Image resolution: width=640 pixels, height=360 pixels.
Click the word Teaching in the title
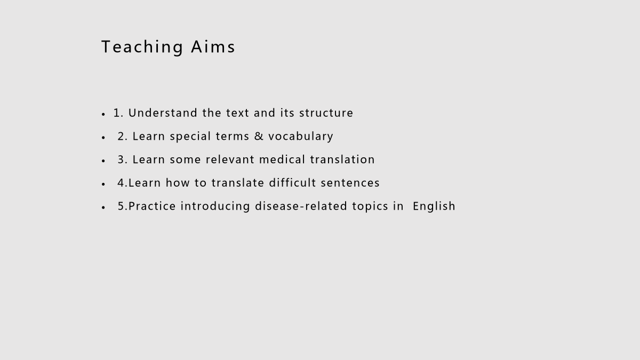142,47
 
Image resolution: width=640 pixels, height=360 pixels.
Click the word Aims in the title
213,46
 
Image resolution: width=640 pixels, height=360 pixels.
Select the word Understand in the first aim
163,113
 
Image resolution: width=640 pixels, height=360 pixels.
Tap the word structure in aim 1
326,113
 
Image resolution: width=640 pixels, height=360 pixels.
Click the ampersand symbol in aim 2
259,137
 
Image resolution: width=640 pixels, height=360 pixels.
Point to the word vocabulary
301,137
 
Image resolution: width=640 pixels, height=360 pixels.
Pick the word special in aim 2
190,137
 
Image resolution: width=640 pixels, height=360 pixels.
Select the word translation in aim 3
342,159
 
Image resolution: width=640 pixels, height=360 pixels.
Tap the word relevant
230,159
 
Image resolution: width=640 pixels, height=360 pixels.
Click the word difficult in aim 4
292,182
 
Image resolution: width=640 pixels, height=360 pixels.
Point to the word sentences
350,183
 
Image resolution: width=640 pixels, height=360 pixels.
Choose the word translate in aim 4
238,183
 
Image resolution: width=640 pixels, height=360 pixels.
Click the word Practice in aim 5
152,206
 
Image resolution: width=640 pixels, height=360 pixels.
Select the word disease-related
301,206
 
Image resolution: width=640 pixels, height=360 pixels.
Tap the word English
434,206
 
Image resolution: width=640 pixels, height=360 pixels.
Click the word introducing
215,206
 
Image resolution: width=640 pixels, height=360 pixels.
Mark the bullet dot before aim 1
103,114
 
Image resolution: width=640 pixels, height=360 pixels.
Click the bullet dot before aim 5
103,207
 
